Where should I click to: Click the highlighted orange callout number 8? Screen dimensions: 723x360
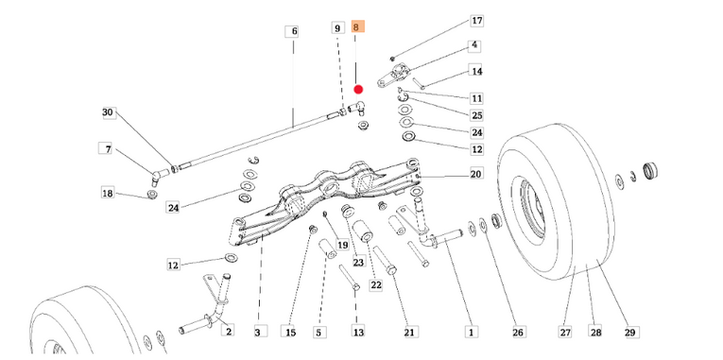(x=358, y=27)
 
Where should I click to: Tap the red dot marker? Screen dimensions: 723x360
(x=358, y=90)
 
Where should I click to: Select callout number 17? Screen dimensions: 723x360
(x=476, y=21)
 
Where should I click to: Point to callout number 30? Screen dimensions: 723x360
(x=108, y=113)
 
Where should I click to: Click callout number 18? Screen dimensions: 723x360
(x=108, y=193)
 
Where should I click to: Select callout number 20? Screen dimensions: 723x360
(x=475, y=173)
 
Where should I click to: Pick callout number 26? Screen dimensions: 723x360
(x=518, y=332)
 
